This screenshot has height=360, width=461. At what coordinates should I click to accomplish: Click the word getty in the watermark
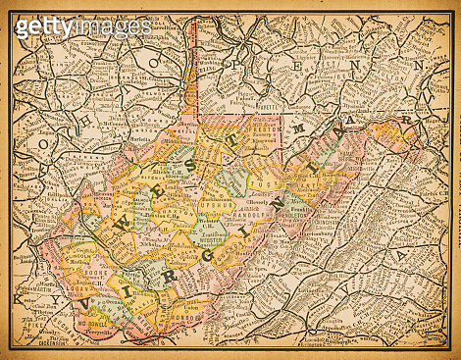[x=44, y=26]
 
